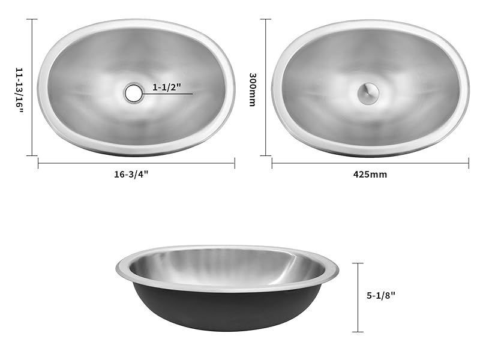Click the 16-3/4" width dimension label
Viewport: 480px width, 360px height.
point(131,175)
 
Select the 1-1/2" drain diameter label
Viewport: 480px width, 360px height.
point(166,88)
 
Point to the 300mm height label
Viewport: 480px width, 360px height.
point(253,89)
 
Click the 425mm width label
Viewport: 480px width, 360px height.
point(370,175)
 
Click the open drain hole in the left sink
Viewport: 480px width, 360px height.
point(133,92)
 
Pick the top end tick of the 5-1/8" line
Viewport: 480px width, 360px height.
point(358,263)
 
